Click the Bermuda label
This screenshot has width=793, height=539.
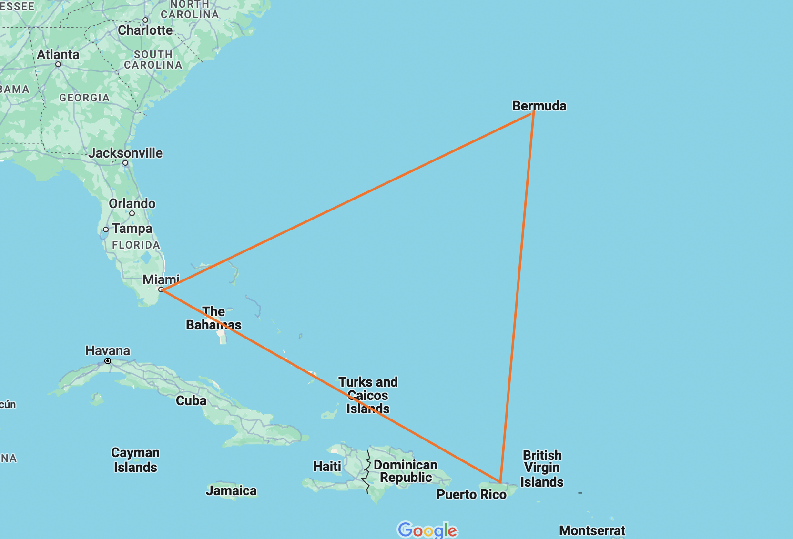pos(539,106)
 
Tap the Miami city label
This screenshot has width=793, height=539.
pos(161,279)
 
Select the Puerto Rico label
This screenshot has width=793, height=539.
pos(471,495)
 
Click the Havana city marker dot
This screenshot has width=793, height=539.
pos(108,361)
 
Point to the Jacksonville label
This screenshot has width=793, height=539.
pos(125,153)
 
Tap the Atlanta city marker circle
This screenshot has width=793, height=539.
pos(58,64)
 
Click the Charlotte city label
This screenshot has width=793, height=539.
pos(145,30)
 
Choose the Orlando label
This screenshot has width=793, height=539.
pos(132,203)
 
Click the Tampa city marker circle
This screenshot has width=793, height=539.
pos(106,230)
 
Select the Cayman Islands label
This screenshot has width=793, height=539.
pos(135,460)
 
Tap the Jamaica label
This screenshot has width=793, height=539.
pos(231,490)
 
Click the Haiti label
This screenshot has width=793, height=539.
pos(327,466)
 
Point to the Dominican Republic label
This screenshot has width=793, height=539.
pos(406,471)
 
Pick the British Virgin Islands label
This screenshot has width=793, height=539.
pos(542,469)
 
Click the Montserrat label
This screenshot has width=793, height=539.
pos(592,530)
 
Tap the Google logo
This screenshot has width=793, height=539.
pos(427,529)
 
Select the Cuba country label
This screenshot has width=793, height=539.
pos(191,400)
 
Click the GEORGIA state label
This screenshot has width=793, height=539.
pos(84,98)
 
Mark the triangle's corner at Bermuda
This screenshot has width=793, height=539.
pos(533,112)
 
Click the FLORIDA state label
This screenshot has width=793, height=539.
pos(136,245)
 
